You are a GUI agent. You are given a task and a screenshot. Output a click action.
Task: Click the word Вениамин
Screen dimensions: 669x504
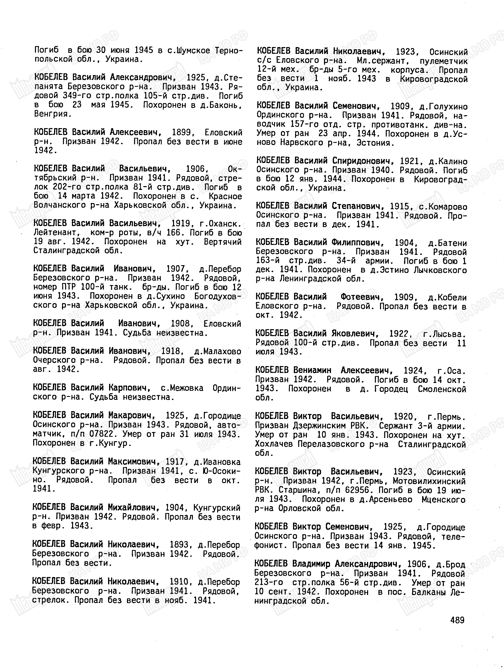click(x=312, y=370)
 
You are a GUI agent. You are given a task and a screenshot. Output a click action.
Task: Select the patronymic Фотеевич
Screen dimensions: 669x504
click(x=362, y=297)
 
